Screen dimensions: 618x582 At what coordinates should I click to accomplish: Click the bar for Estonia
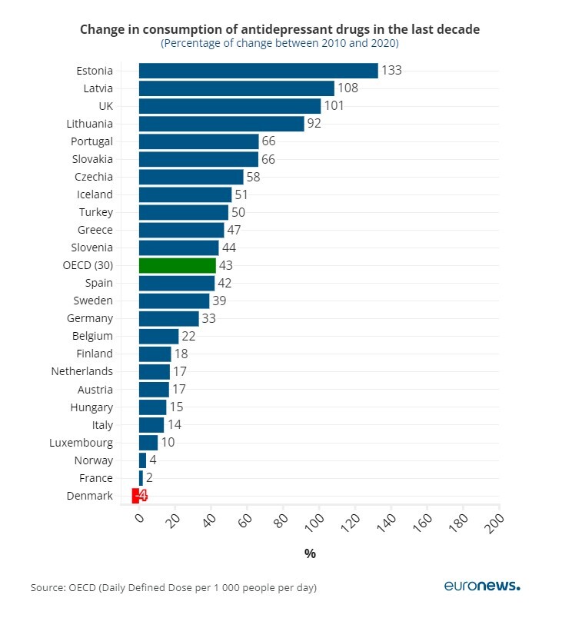pyautogui.click(x=258, y=71)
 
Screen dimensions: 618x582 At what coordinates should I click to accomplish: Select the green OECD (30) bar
pyautogui.click(x=177, y=265)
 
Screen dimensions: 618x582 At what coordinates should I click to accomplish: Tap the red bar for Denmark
pyautogui.click(x=135, y=496)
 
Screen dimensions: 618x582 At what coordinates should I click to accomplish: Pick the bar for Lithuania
pyautogui.click(x=221, y=124)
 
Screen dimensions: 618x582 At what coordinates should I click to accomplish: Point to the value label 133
pyautogui.click(x=391, y=71)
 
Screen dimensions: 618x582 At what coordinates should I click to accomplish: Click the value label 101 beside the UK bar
pyautogui.click(x=334, y=106)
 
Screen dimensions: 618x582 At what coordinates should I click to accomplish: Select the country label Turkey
pyautogui.click(x=95, y=212)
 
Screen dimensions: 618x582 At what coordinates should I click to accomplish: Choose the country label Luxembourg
pyautogui.click(x=81, y=443)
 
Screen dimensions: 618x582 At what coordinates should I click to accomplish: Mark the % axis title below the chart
pyautogui.click(x=310, y=553)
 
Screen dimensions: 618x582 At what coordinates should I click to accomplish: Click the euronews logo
pyautogui.click(x=482, y=586)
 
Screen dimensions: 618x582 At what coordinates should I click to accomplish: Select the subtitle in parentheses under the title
pyautogui.click(x=279, y=44)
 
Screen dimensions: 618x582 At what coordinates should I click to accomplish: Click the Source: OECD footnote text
pyautogui.click(x=173, y=588)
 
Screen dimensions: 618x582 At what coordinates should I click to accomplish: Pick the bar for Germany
pyautogui.click(x=168, y=318)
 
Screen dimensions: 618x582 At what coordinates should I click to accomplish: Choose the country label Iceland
pyautogui.click(x=95, y=194)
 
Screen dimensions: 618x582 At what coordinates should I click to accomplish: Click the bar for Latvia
pyautogui.click(x=236, y=88)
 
